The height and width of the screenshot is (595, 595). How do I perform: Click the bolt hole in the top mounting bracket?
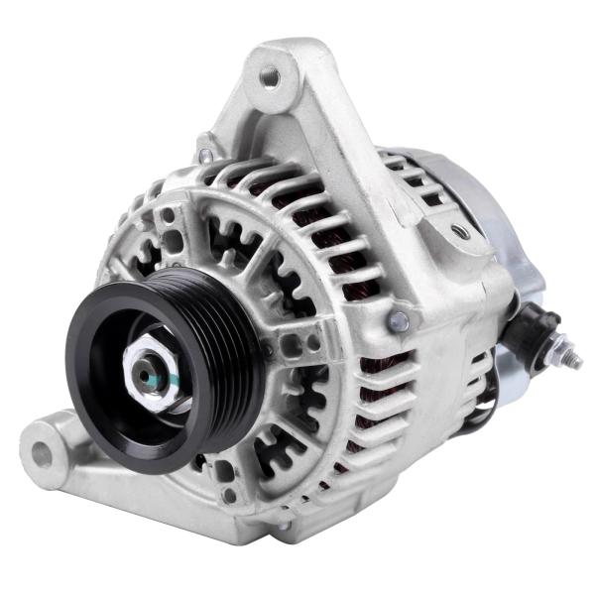click(269, 74)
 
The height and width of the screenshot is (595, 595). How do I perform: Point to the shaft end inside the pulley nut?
click(149, 377)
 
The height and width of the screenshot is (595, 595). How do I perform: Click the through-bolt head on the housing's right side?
click(398, 320)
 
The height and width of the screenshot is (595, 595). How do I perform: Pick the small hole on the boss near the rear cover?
click(459, 232)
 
